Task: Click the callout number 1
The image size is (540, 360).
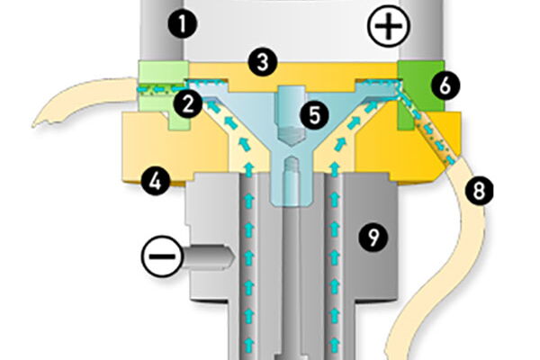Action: coord(182,24)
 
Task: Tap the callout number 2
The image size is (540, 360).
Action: coord(188,104)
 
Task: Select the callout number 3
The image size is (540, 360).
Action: coord(263,63)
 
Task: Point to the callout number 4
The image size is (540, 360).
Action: coord(156,181)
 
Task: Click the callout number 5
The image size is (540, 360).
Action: coord(315,115)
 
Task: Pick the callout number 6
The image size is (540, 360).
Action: coord(445,85)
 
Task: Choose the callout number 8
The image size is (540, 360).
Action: coord(479,191)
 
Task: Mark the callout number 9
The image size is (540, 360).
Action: coord(373,237)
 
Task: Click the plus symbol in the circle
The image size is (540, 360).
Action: coord(389,26)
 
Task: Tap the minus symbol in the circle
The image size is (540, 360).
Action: coord(162,256)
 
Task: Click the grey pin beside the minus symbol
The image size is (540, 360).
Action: coord(207,256)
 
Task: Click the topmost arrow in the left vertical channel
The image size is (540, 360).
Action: coord(249,168)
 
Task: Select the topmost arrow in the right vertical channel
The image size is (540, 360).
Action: coord(334,168)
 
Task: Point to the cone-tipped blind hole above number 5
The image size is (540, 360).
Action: coord(291,116)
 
